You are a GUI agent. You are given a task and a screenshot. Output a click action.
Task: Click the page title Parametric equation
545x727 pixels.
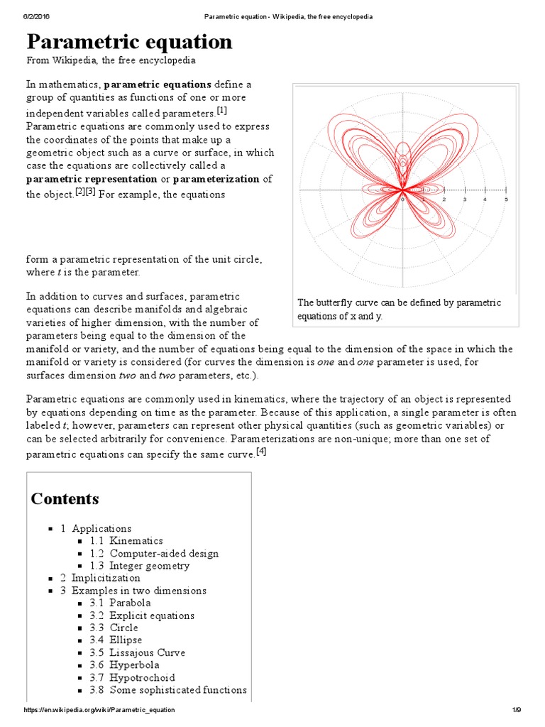click(129, 42)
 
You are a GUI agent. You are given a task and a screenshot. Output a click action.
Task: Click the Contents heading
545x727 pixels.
click(65, 498)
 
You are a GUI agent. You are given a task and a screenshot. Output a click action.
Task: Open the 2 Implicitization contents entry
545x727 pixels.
click(105, 578)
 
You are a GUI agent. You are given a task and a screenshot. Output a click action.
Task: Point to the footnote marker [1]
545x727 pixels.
click(221, 111)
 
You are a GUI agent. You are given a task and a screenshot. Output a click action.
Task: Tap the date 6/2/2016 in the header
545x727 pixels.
click(34, 16)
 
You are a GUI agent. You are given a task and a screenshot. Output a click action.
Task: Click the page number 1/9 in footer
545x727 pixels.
click(516, 710)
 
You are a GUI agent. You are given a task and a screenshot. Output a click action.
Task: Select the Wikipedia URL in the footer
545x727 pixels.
click(99, 710)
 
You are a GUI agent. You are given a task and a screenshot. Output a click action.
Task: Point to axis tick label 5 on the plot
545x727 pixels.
click(506, 199)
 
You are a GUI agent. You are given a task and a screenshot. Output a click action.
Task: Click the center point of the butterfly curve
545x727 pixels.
click(402, 190)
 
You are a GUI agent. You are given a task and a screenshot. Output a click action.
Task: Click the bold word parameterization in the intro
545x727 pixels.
click(216, 179)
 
